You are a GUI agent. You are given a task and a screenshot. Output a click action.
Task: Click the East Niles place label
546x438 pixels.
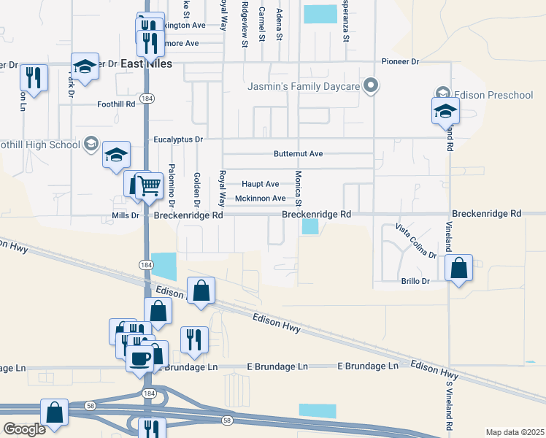(x=147, y=64)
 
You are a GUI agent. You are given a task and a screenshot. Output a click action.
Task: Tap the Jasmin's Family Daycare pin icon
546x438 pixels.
(x=371, y=87)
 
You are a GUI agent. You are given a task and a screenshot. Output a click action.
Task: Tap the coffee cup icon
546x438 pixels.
(x=139, y=358)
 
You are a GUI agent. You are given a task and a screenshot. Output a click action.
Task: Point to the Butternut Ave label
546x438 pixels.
(x=298, y=154)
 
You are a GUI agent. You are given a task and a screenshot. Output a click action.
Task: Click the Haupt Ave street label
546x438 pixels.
(x=260, y=184)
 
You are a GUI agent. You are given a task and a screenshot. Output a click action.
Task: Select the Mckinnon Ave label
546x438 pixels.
(x=260, y=199)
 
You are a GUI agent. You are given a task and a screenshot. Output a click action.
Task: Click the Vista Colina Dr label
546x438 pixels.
(x=416, y=241)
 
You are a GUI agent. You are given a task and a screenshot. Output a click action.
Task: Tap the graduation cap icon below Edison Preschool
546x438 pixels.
(x=445, y=112)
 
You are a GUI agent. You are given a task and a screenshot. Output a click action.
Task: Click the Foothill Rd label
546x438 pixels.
(x=117, y=104)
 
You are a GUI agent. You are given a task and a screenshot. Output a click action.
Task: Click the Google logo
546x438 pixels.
(x=24, y=429)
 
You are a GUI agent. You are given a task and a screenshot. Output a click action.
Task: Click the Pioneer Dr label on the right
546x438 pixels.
(x=400, y=62)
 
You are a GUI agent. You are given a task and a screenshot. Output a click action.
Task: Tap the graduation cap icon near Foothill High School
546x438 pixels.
(x=116, y=155)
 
